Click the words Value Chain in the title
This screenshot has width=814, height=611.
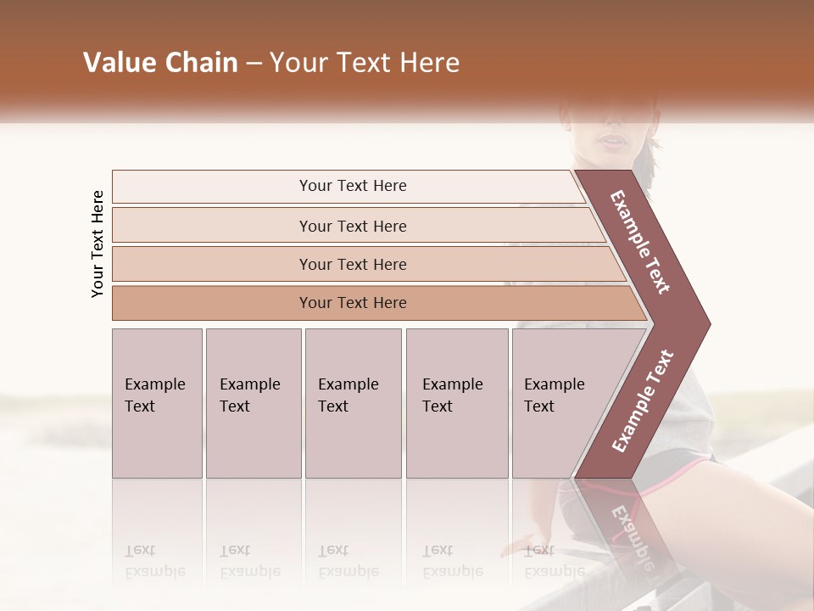160,63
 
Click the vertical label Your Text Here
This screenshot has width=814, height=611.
98,244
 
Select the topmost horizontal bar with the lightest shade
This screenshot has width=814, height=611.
212,186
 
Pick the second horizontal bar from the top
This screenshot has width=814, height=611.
212,226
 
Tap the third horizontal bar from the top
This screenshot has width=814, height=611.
212,264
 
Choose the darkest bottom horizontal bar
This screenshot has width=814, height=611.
212,303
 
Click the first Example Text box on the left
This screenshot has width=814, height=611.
157,402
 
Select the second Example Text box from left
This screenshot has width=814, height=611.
254,402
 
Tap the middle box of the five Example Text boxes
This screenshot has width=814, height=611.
353,402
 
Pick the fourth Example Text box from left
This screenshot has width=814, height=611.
457,402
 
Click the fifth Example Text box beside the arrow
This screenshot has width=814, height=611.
551,402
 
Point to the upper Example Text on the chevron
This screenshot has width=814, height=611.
640,242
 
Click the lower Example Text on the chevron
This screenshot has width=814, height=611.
642,401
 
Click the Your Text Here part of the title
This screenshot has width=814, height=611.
365,63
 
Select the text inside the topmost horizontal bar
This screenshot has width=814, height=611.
353,186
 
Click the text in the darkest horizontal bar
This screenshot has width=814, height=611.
353,303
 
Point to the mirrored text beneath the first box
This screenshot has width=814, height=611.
155,561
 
